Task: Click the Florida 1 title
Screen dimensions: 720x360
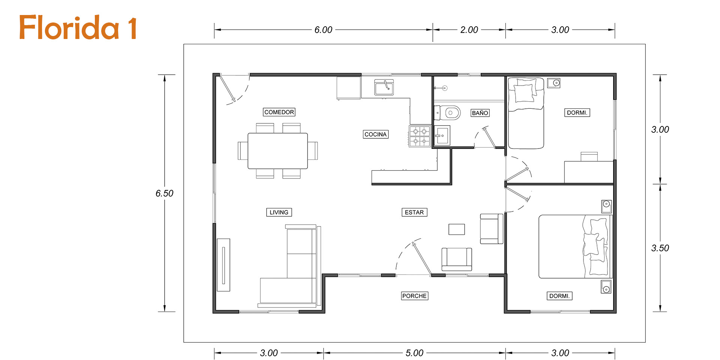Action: (x=78, y=27)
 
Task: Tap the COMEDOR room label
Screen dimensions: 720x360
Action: (x=279, y=112)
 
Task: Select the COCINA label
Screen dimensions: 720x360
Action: (x=375, y=134)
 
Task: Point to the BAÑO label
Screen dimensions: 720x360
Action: (x=480, y=113)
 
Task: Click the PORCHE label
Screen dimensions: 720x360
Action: (x=414, y=296)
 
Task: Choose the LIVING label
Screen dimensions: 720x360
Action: (x=279, y=212)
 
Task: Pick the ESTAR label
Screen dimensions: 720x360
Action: (x=414, y=212)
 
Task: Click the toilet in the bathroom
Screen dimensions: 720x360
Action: (x=447, y=112)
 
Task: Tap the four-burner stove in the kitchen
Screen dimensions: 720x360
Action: (x=420, y=136)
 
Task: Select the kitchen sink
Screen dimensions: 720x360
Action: (x=384, y=87)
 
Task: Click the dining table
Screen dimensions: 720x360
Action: (x=277, y=151)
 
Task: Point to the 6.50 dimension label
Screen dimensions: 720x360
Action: (x=164, y=193)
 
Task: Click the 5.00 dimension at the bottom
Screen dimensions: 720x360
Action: (x=414, y=353)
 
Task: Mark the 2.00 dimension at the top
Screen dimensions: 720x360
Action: (x=469, y=30)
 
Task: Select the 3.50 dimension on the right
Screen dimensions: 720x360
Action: (x=660, y=248)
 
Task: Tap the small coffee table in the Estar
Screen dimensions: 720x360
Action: (x=457, y=229)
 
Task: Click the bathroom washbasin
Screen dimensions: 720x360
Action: (x=442, y=135)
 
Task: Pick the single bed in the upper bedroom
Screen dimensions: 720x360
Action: (x=526, y=113)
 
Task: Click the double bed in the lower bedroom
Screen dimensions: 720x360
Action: (x=575, y=246)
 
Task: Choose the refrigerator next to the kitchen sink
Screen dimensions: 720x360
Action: (x=349, y=88)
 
